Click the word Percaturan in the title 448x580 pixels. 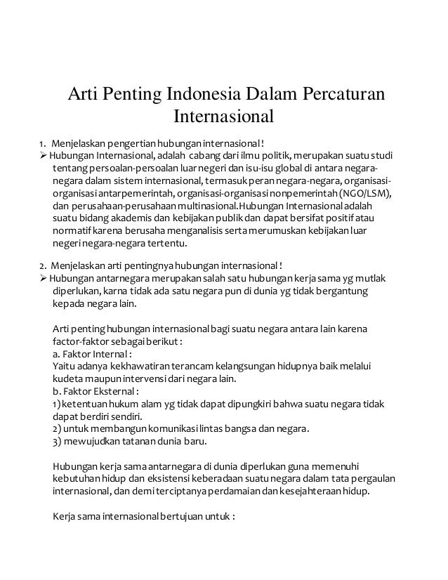(x=343, y=93)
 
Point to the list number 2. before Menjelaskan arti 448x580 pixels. (x=43, y=266)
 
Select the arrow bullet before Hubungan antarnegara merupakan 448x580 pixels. (x=43, y=279)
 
